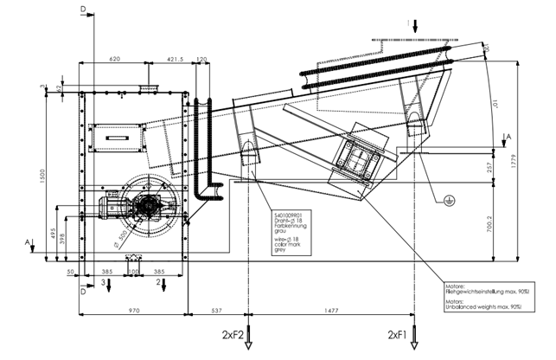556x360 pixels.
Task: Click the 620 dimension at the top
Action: [x=114, y=58]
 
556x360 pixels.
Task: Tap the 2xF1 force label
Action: [x=399, y=332]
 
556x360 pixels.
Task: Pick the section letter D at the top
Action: [x=84, y=8]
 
